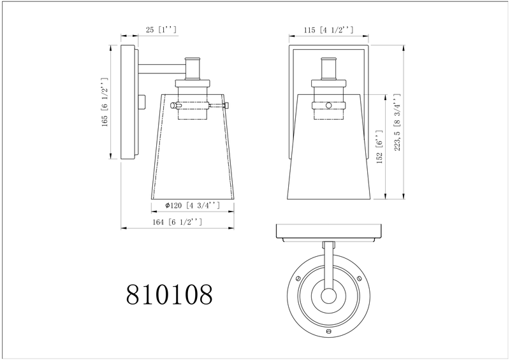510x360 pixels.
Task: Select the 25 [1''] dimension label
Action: (x=157, y=30)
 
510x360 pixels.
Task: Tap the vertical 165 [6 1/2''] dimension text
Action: (x=104, y=102)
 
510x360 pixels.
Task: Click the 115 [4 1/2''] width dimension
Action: (x=327, y=30)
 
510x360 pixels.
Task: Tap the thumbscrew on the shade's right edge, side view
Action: (x=228, y=104)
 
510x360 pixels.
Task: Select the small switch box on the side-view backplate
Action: (x=142, y=102)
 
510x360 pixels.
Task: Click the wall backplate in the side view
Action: (x=128, y=102)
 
